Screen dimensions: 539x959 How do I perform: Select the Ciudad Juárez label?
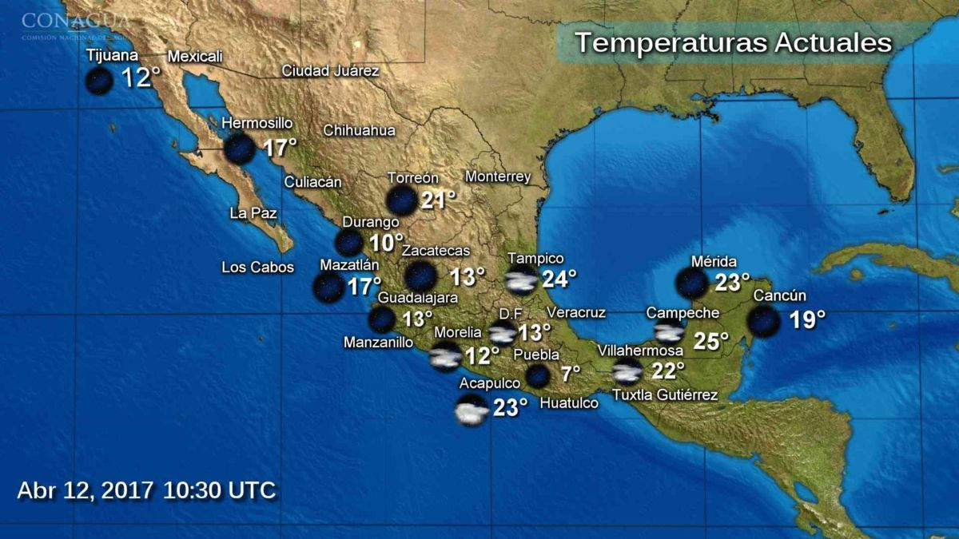330,70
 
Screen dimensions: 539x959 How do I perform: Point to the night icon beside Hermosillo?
239,149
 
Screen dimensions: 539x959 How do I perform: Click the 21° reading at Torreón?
438,200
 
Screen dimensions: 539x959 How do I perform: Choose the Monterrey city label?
498,176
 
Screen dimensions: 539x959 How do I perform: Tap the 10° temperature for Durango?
387,243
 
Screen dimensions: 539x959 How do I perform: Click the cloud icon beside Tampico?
521,280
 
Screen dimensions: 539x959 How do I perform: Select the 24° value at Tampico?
559,279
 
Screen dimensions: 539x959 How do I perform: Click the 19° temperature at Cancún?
807,320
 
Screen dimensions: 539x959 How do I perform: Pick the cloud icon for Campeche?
669,332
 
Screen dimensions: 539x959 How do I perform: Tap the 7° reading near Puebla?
570,374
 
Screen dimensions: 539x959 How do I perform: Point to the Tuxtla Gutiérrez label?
665,394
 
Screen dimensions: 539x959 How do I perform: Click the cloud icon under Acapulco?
472,412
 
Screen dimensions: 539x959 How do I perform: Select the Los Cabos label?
258,268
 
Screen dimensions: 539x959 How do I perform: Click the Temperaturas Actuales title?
733,42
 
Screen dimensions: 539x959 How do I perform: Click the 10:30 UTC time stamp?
220,489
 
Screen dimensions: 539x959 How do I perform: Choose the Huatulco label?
569,403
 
